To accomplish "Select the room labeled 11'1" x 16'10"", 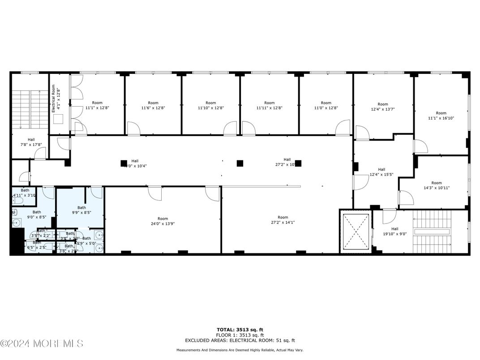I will pos(441,116).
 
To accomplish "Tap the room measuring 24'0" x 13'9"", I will pos(163,221).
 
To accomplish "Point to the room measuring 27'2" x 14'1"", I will pos(283,220).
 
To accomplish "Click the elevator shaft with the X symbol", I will pos(356,231).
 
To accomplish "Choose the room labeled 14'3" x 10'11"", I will pos(436,185).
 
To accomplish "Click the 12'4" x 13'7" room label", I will pos(382,107).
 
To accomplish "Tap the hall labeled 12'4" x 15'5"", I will pos(381,172).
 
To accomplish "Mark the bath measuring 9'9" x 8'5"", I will pos(81,210).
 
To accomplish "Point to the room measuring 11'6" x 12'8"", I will pos(153,105).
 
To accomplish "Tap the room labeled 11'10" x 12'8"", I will pos(210,105).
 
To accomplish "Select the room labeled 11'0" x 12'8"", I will pos(326,105).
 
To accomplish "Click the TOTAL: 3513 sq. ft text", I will pos(240,329).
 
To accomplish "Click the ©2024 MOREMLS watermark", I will pos(42,343).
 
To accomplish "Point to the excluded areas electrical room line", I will pos(240,340).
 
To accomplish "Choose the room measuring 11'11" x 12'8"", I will pos(269,105).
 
